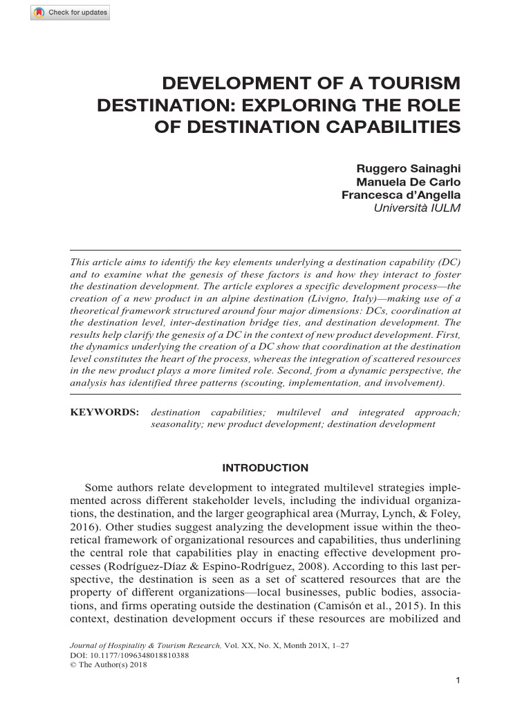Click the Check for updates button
(70, 13)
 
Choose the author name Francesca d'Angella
(401, 195)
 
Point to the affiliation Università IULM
(417, 208)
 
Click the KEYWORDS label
(104, 412)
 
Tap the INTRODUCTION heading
(265, 468)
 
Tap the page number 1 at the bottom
(458, 681)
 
